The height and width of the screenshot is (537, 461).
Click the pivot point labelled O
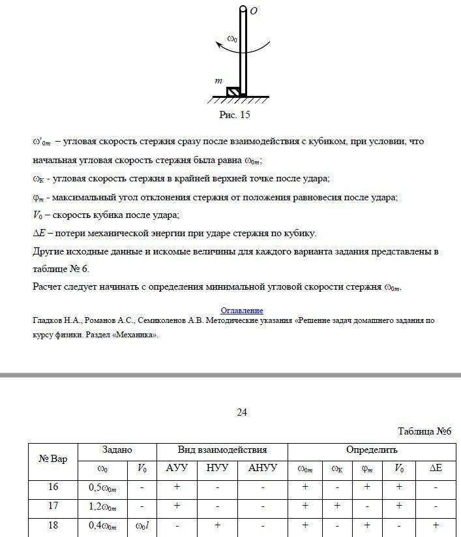coord(243,10)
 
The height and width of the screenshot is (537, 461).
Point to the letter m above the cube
coord(218,80)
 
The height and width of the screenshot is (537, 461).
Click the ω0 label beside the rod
coord(233,40)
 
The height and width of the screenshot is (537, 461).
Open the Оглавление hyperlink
coord(242,310)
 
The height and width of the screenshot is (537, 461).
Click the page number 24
coord(242,412)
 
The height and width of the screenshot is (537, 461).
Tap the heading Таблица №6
coord(424,431)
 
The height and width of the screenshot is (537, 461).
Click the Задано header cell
coord(117,450)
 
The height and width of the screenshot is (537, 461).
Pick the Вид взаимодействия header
coord(222,450)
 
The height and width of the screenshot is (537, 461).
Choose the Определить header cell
coord(372,450)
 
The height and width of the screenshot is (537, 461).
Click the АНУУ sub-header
coord(263,468)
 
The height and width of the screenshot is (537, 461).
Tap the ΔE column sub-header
coord(435,468)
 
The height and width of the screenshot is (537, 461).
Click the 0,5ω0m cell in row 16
coord(102,487)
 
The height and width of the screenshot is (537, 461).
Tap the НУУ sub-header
coord(218,468)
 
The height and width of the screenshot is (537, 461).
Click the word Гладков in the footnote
coord(48,321)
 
